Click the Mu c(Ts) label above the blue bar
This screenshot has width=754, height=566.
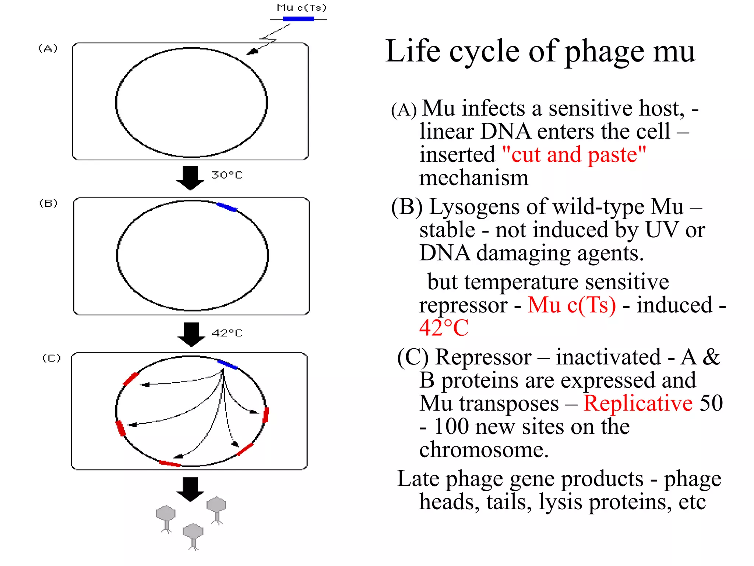coord(301,8)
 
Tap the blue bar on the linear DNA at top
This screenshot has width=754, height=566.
coord(298,19)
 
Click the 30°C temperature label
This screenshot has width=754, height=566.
coord(227,175)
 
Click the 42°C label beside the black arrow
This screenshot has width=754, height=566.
coord(227,333)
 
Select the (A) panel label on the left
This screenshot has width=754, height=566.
coord(48,48)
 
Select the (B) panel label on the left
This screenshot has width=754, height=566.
coord(49,203)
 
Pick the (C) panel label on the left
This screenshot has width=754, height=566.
coord(52,358)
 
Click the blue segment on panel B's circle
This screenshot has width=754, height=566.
coord(227,207)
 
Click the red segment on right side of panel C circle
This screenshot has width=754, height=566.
coord(266,415)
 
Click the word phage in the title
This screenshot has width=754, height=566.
coord(605,52)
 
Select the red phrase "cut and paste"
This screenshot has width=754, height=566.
coord(574,155)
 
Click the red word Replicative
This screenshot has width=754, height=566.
coord(638,403)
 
